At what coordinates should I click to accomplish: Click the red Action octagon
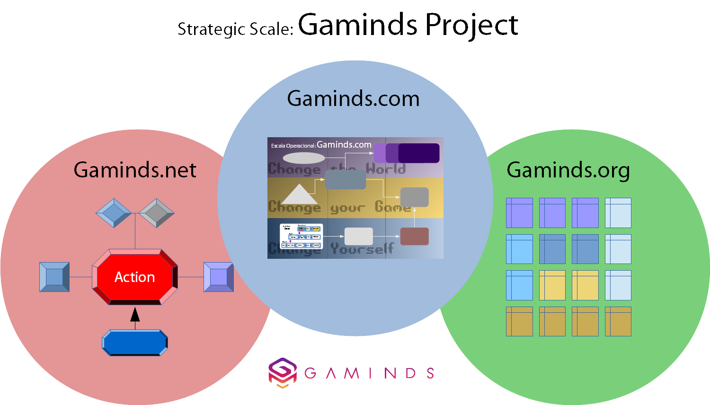click(x=135, y=277)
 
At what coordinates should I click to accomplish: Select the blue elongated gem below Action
click(x=135, y=343)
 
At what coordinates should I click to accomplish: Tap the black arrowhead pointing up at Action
click(x=135, y=315)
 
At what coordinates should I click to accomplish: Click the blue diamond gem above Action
click(x=114, y=213)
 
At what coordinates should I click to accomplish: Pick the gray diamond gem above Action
click(x=157, y=213)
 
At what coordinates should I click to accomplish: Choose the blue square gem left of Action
click(x=54, y=277)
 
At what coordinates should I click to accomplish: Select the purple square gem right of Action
click(x=218, y=277)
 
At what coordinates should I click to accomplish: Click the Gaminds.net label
click(x=135, y=170)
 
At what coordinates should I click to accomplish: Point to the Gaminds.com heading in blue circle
click(x=353, y=99)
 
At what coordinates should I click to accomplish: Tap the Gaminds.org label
click(x=568, y=170)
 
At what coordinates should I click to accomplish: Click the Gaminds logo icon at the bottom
click(x=283, y=372)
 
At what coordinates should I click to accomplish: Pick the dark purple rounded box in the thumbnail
click(x=419, y=153)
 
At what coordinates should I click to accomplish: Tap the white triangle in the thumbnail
click(x=298, y=195)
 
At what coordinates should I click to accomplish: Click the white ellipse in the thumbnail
click(x=303, y=158)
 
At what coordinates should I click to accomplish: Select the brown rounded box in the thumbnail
click(x=415, y=237)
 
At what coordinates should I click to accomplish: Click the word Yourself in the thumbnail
click(x=362, y=248)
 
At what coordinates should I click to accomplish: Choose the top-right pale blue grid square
click(x=618, y=213)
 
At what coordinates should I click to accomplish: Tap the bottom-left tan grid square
click(x=519, y=322)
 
